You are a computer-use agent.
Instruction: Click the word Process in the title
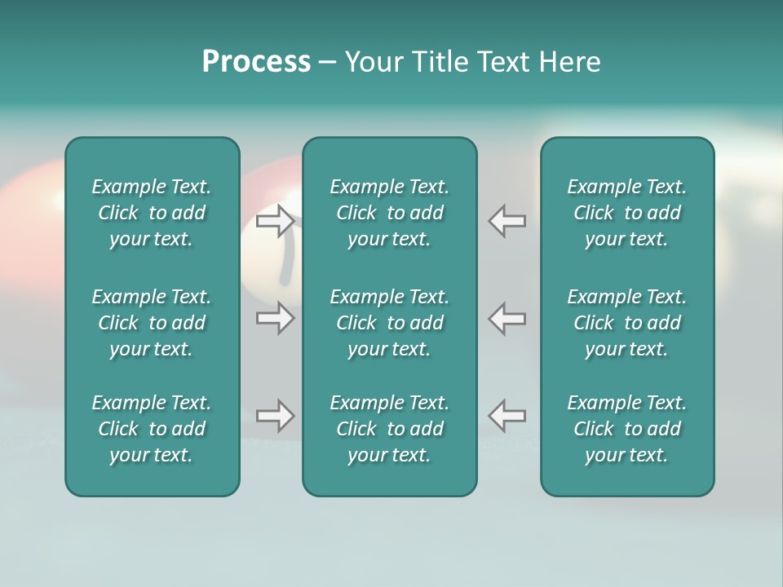256,62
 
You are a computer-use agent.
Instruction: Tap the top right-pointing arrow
275,221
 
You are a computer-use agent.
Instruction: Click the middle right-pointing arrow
275,318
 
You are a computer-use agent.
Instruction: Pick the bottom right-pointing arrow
275,416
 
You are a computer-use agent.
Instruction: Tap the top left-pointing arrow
507,221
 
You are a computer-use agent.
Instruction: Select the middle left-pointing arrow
507,318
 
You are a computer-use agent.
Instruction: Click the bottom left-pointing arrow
507,416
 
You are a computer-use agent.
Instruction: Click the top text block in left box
152,213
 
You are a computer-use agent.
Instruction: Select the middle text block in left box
152,323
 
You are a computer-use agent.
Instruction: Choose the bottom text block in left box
152,429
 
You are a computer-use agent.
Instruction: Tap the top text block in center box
389,213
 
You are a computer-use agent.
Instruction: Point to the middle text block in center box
389,323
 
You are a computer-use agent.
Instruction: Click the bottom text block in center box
389,429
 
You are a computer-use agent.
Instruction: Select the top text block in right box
626,213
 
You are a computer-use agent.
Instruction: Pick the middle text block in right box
626,323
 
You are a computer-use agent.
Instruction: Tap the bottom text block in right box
626,429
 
